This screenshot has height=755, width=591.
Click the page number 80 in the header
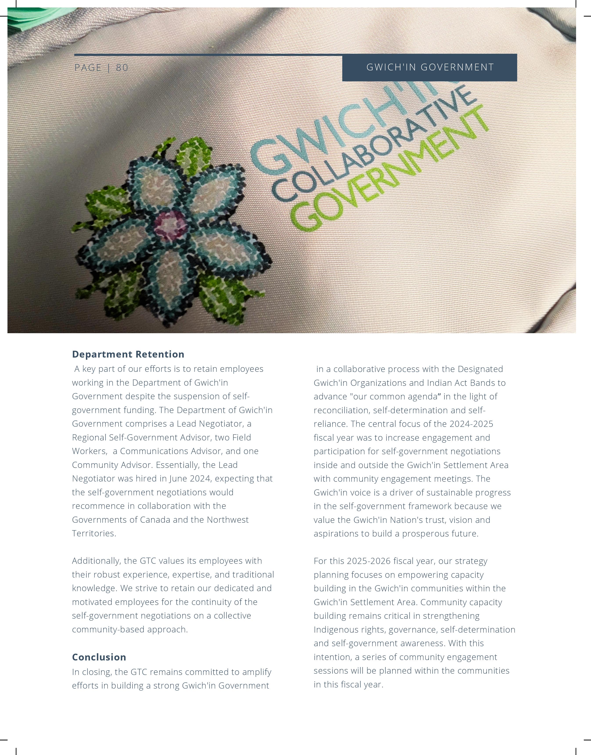click(122, 68)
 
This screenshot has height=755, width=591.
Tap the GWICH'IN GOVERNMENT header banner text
click(430, 67)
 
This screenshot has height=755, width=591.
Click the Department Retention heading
click(128, 354)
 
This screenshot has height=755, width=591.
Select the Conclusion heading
click(99, 657)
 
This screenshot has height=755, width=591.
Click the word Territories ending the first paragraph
click(94, 533)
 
